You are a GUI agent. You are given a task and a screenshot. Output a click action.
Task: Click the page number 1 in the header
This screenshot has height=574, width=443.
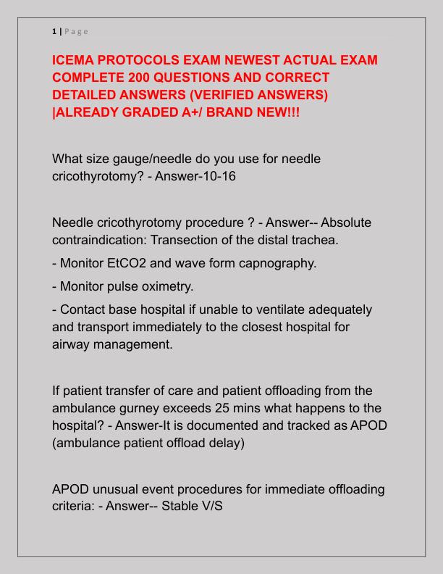coord(54,31)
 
